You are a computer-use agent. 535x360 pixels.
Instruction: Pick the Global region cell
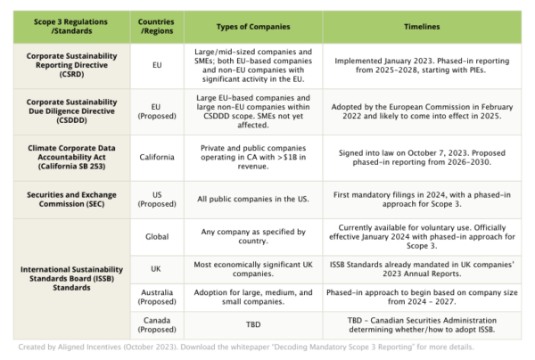[157, 235]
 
